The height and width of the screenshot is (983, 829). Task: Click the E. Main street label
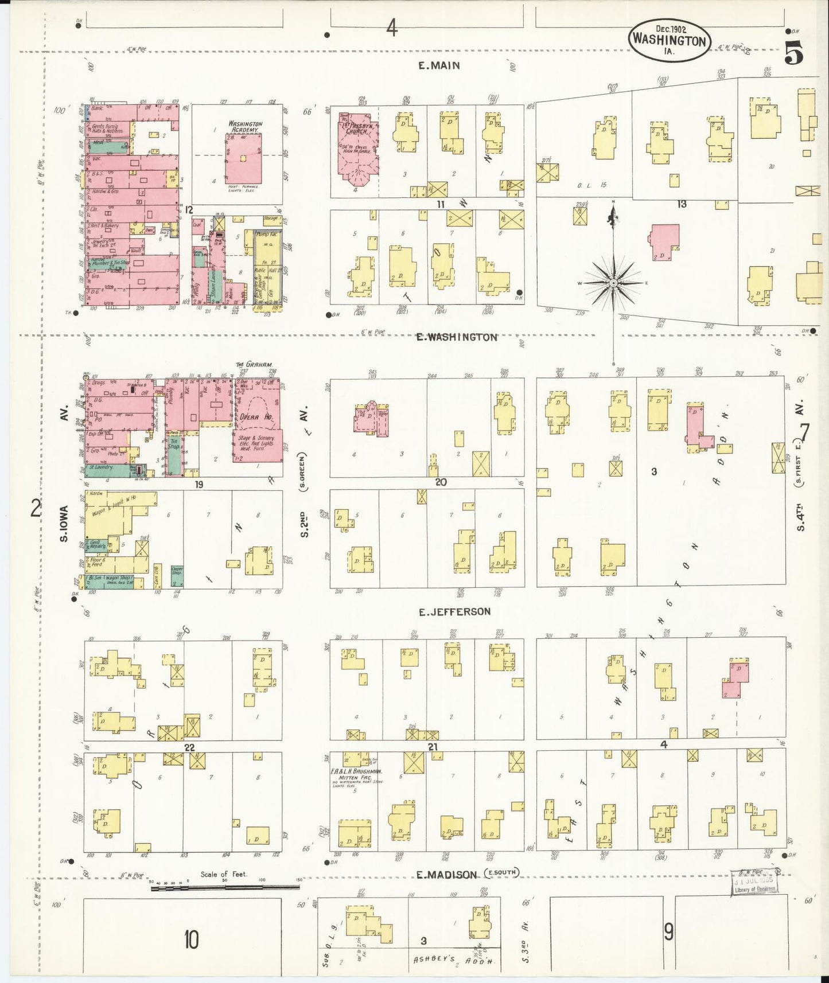439,65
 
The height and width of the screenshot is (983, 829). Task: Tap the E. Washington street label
457,337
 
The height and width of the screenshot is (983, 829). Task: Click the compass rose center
614,283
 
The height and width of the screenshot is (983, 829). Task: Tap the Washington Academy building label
245,127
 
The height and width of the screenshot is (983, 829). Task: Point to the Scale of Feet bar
225,887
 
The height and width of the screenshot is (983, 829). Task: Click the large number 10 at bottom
191,940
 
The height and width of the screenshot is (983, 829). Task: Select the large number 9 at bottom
668,933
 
